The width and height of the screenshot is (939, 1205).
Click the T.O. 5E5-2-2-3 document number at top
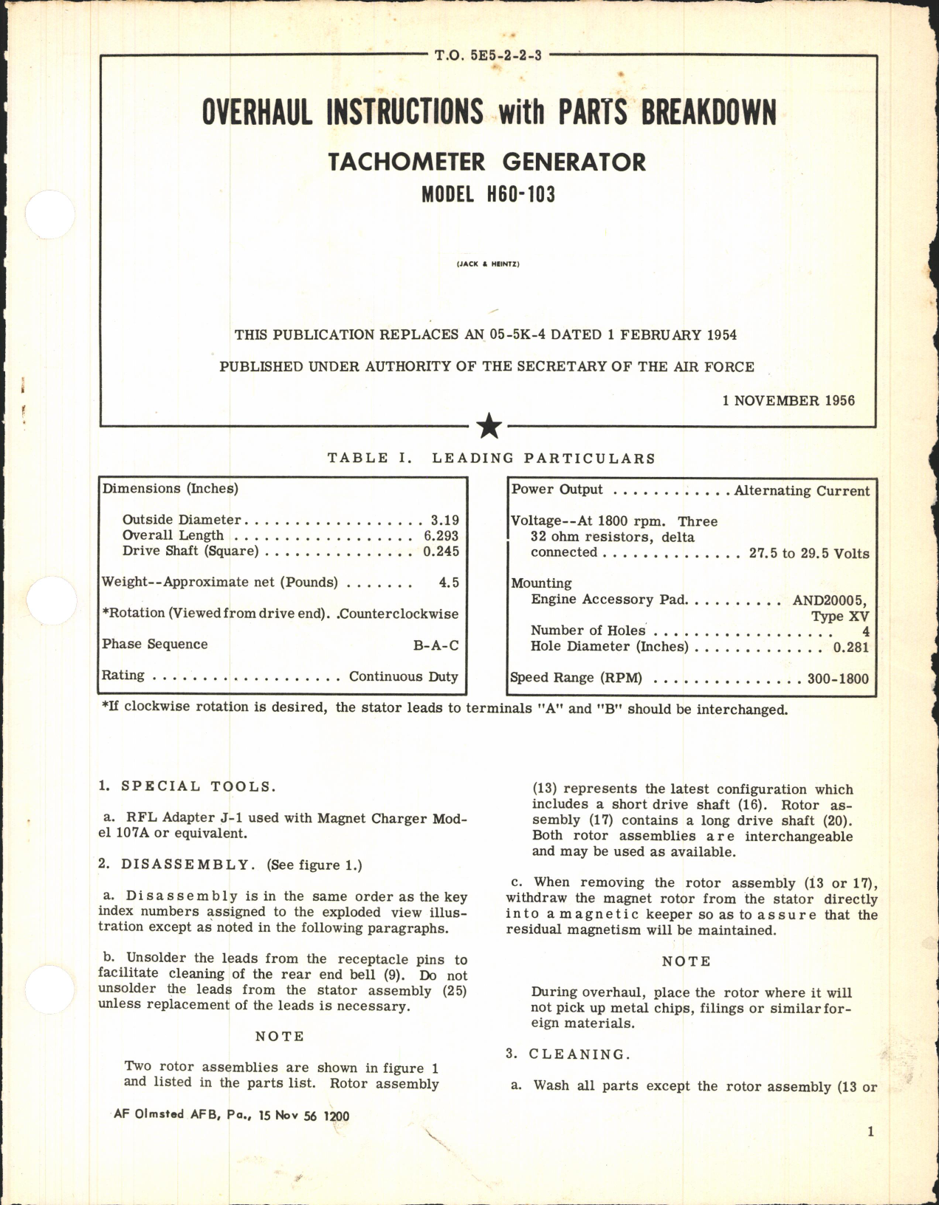(x=488, y=55)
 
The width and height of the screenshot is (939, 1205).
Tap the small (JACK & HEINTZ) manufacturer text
(x=488, y=264)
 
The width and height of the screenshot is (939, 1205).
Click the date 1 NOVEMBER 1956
(x=788, y=401)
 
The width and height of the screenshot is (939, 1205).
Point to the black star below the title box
(x=489, y=426)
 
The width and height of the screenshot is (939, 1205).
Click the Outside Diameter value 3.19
(x=444, y=520)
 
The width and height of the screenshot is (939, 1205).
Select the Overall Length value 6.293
(x=441, y=536)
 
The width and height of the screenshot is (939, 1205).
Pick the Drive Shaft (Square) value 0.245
(x=441, y=552)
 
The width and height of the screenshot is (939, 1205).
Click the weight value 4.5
(x=448, y=583)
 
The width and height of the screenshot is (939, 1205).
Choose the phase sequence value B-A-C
(x=436, y=645)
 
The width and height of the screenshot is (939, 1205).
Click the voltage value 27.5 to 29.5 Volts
(x=809, y=554)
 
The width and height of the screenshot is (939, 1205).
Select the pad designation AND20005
(x=830, y=600)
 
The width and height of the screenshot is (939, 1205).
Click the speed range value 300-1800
(x=838, y=678)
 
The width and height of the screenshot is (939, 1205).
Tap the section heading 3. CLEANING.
(x=568, y=1054)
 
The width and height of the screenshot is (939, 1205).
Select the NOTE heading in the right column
(x=686, y=961)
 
